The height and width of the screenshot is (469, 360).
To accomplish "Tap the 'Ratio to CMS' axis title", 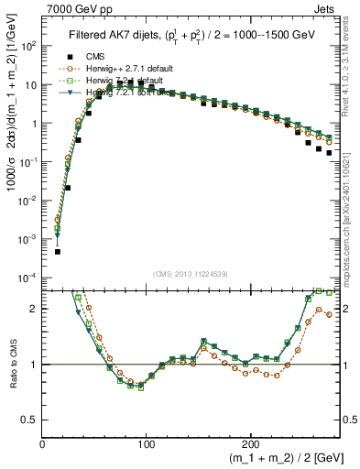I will point(12,365).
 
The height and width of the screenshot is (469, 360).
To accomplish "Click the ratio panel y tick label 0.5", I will point(29,420).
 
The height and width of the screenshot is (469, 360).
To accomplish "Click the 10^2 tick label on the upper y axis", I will point(28,45).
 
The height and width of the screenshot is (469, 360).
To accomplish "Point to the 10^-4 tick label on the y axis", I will point(28,277).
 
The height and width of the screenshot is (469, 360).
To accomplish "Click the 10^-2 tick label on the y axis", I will point(28,200).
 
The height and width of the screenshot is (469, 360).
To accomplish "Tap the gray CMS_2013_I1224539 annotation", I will point(190,275).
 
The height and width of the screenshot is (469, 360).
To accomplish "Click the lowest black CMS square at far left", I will point(58,251).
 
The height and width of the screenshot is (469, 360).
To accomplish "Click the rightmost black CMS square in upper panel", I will point(329,154).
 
